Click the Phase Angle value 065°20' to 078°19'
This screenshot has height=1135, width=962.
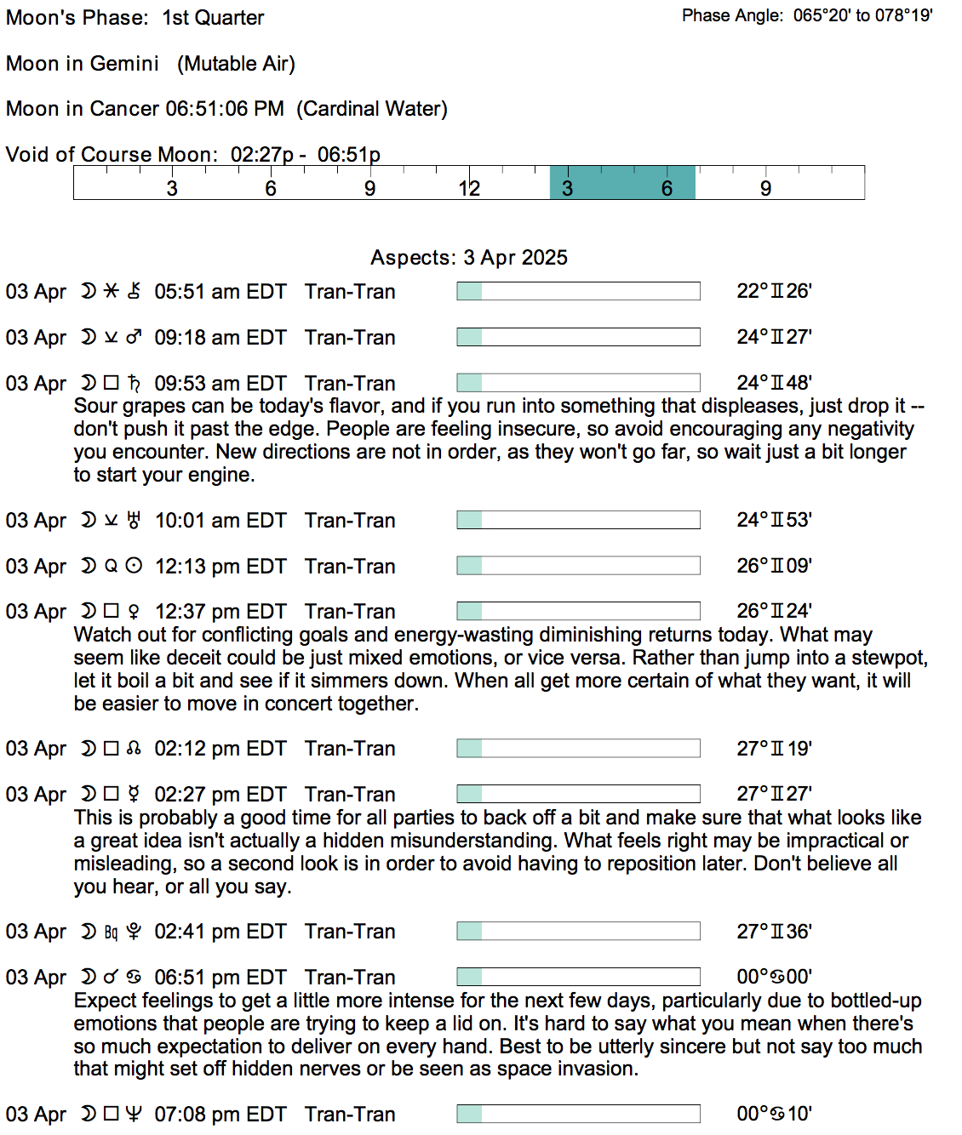point(862,15)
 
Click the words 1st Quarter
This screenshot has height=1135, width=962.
point(213,18)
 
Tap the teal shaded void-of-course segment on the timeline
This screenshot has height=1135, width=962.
point(622,182)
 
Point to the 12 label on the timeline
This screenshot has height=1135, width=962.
point(469,188)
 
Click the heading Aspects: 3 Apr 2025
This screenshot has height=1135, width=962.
point(469,258)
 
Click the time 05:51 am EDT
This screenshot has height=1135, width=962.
point(220,292)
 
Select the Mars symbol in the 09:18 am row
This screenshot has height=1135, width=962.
point(134,338)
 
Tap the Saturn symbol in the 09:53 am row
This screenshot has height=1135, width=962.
point(134,383)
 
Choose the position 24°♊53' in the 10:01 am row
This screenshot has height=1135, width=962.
point(774,520)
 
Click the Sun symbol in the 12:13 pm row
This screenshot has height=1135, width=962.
point(134,566)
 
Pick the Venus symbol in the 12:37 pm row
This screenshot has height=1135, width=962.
point(134,611)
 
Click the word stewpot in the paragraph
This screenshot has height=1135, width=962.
point(890,658)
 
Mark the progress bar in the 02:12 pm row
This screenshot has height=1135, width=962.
point(578,749)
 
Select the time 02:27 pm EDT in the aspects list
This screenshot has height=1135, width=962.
point(220,795)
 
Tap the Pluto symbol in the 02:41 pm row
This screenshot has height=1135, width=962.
point(134,932)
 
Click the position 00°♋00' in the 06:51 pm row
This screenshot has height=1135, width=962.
point(774,977)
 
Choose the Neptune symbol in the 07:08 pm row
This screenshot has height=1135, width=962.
point(134,1114)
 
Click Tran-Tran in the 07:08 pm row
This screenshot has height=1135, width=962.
point(350,1115)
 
